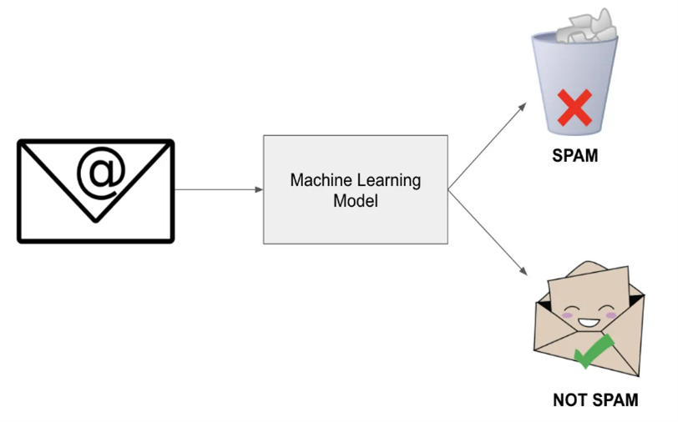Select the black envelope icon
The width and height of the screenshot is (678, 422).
(95, 192)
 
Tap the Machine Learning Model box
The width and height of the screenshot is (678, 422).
(355, 189)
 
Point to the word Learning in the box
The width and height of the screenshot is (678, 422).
(385, 180)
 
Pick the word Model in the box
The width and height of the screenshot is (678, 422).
(355, 201)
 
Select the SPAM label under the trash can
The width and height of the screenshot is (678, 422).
(574, 155)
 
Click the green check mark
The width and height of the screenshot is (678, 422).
(594, 352)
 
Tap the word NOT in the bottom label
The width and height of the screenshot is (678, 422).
(571, 400)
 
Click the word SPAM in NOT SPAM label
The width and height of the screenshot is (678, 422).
(615, 400)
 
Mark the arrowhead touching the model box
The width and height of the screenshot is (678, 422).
(259, 189)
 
